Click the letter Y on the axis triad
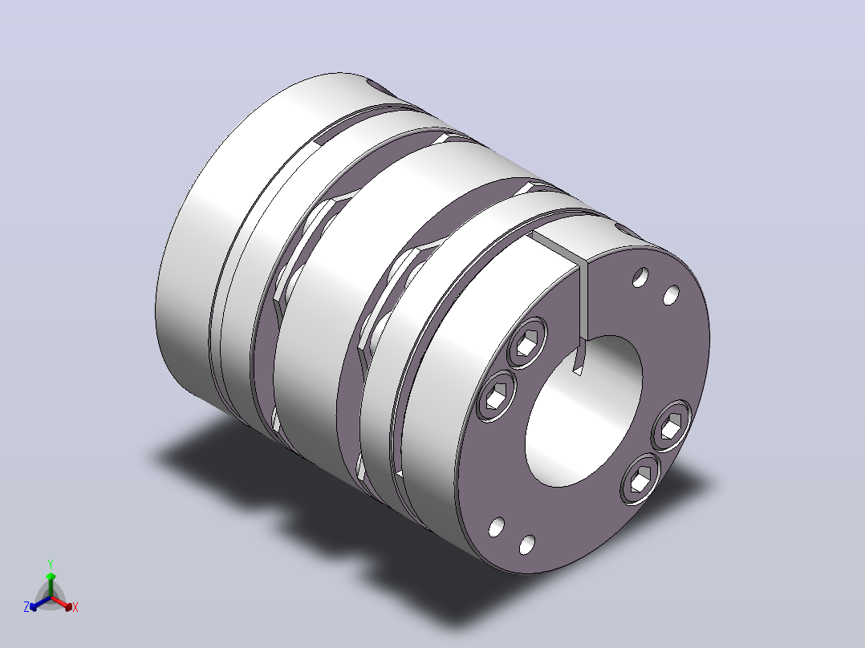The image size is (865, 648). tap(51, 564)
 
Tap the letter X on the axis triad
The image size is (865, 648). tap(75, 607)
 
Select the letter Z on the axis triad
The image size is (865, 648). tap(26, 606)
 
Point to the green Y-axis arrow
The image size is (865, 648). tap(51, 585)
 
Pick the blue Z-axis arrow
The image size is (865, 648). tap(40, 603)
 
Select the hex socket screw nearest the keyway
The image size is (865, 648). tap(527, 343)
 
